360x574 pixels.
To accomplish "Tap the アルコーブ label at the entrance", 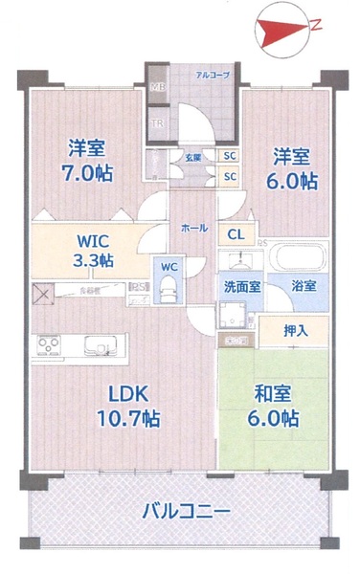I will tap(212, 74).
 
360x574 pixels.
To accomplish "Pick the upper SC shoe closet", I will tap(230, 157).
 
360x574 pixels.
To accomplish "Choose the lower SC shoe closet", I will tap(230, 176).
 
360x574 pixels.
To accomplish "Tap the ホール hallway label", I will tap(194, 229).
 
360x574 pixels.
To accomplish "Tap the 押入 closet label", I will tap(295, 330).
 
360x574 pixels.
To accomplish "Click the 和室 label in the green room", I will tap(274, 391).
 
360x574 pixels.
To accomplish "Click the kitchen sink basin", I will tap(98, 343).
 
